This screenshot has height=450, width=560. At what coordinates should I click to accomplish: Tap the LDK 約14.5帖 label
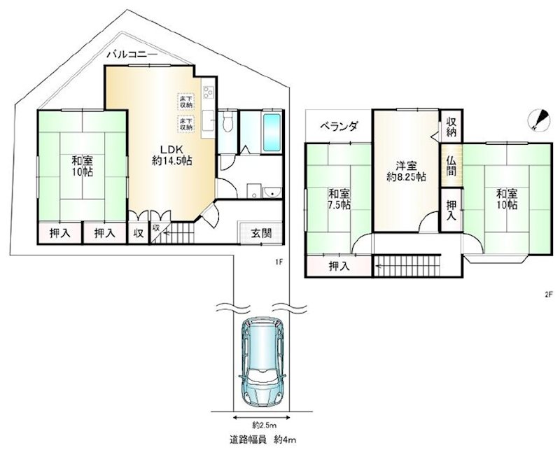tap(172, 155)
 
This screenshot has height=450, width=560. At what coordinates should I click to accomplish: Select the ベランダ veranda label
tap(339, 127)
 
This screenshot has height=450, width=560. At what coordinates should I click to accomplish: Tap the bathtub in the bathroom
tap(272, 131)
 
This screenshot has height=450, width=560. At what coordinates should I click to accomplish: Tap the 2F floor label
tap(548, 294)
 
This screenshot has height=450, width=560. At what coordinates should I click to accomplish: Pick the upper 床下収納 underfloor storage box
tap(186, 101)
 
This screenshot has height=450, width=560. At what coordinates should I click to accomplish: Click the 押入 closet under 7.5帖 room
tap(339, 266)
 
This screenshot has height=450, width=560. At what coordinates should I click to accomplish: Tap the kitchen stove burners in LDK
tap(207, 94)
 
